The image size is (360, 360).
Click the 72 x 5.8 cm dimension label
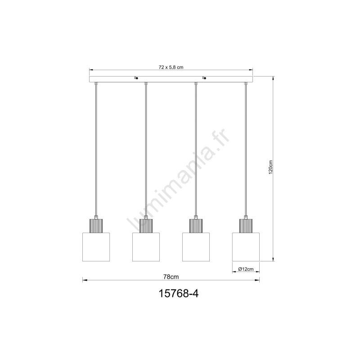171,67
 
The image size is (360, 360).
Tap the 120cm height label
271,167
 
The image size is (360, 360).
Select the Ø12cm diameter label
246,269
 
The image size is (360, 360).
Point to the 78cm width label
171,277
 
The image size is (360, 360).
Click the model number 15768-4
178,293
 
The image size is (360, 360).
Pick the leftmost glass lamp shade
96,247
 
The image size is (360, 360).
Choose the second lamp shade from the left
146,247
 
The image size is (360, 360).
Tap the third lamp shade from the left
196,247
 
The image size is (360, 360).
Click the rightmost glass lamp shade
246,247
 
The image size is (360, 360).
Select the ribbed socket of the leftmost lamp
96,226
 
